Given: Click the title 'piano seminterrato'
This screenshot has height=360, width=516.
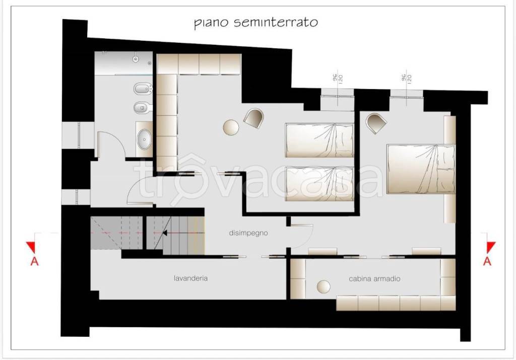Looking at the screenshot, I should click(x=256, y=23).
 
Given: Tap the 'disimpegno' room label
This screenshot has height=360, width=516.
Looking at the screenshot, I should click(x=247, y=233).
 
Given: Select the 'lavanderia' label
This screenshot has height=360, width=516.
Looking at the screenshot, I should click(x=189, y=277).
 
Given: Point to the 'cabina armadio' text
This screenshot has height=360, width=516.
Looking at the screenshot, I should click(x=374, y=278).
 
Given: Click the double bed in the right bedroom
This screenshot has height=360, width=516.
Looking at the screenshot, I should click(x=421, y=169).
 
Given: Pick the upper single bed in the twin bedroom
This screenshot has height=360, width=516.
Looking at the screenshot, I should click(x=319, y=140).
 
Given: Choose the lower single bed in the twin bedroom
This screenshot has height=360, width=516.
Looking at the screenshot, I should click(x=319, y=184).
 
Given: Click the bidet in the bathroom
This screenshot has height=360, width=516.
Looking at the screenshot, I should click(x=141, y=90).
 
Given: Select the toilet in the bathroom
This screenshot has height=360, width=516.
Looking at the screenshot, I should click(x=141, y=107).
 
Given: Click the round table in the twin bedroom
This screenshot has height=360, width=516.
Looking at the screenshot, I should click(x=231, y=127).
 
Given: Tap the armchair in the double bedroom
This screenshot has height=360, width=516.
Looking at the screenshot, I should click(x=375, y=123).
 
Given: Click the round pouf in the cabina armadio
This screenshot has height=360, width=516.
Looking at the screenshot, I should click(x=323, y=287).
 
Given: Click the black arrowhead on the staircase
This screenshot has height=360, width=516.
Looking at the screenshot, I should click(x=164, y=233).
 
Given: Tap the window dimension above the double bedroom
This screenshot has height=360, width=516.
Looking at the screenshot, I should click(x=406, y=79).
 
